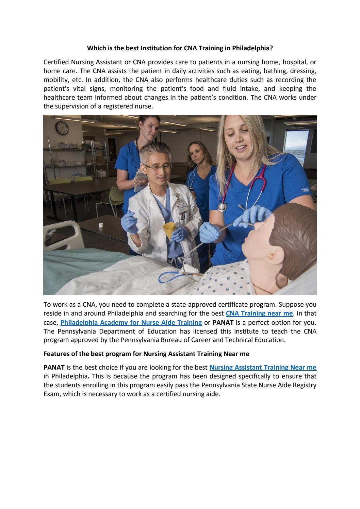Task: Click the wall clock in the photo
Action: (62, 128)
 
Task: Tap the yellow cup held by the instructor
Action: (169, 230)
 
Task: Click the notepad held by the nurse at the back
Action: (140, 181)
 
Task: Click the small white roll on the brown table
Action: (101, 225)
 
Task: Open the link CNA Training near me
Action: (259, 313)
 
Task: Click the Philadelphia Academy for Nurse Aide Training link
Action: (131, 322)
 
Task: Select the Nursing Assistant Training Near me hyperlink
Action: (263, 367)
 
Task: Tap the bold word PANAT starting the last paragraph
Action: (54, 367)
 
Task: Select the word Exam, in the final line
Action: (51, 394)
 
